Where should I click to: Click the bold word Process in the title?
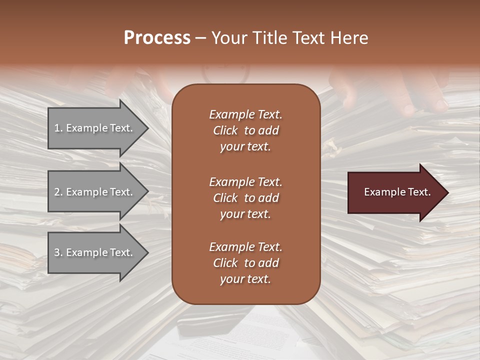coord(157,38)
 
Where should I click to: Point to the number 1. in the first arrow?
coord(58,128)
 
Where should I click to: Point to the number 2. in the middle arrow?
coord(58,192)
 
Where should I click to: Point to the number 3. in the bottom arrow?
coord(58,252)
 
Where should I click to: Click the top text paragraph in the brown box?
coord(245,130)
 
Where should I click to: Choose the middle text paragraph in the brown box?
coord(245,197)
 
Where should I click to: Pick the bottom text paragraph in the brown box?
coord(245,263)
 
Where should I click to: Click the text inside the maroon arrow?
coord(397,192)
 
